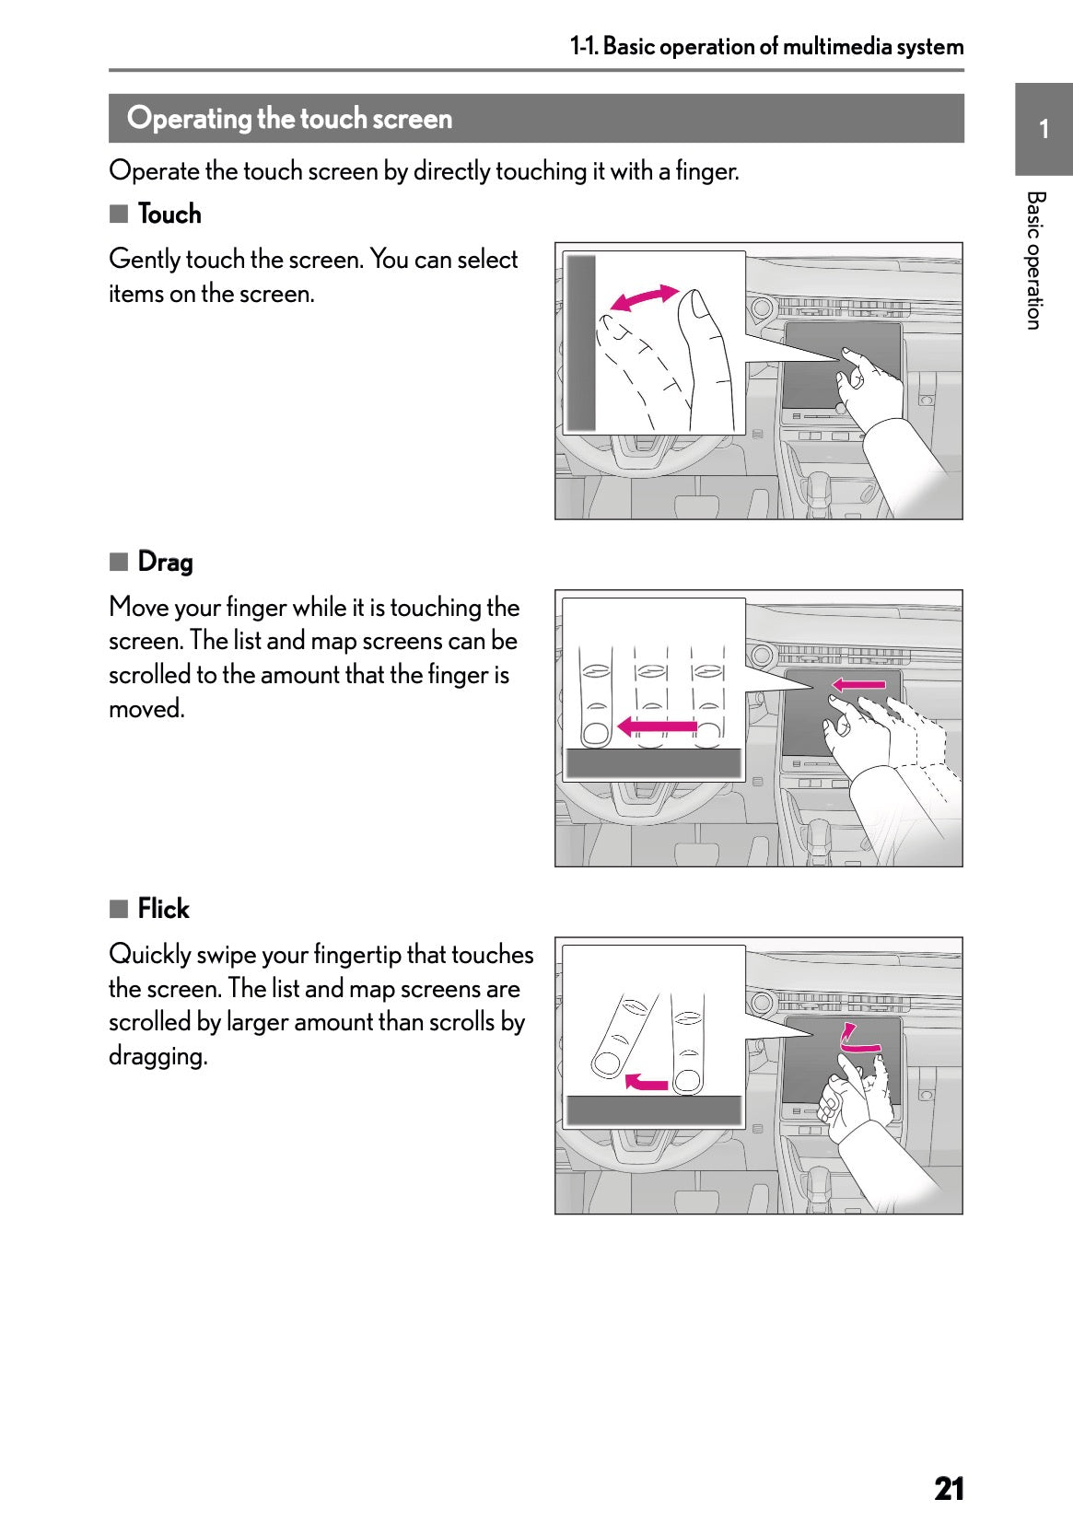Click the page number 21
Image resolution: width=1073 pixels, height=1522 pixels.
[x=948, y=1462]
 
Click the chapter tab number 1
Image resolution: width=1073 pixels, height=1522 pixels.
[x=1044, y=130]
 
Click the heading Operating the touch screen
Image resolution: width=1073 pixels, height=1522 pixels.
[x=289, y=119]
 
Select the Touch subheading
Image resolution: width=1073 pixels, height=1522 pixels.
[x=169, y=215]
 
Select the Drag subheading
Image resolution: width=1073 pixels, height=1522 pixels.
[x=165, y=562]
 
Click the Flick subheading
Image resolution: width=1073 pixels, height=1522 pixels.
[x=163, y=909]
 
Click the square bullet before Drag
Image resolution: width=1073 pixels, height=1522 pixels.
[x=118, y=562]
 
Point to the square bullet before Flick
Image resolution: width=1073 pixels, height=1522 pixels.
[x=118, y=909]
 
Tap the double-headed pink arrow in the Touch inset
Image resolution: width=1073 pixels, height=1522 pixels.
[x=644, y=298]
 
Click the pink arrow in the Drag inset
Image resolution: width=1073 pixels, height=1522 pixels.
[x=656, y=727]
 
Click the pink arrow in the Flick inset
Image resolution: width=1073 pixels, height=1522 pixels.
[x=646, y=1081]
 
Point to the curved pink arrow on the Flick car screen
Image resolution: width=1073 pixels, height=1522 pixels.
[x=858, y=1040]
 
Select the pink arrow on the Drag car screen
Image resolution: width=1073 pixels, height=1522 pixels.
[x=857, y=684]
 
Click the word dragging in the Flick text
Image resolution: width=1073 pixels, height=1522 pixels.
[x=157, y=1056]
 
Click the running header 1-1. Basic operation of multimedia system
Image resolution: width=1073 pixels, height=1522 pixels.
[x=766, y=46]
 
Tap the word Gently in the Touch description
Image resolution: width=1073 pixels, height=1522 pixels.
[x=144, y=260]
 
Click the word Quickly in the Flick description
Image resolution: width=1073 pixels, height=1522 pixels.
[x=149, y=955]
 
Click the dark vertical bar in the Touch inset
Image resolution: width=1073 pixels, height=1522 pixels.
[x=581, y=343]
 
